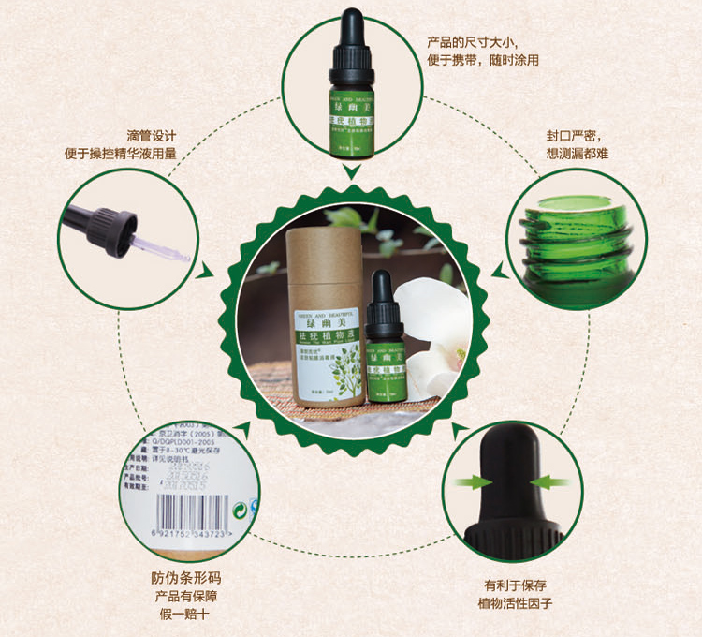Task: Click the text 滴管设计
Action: pos(153,134)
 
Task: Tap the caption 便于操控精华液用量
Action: pos(153,154)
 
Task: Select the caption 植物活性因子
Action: pos(515,602)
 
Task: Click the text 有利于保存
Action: pos(515,583)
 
